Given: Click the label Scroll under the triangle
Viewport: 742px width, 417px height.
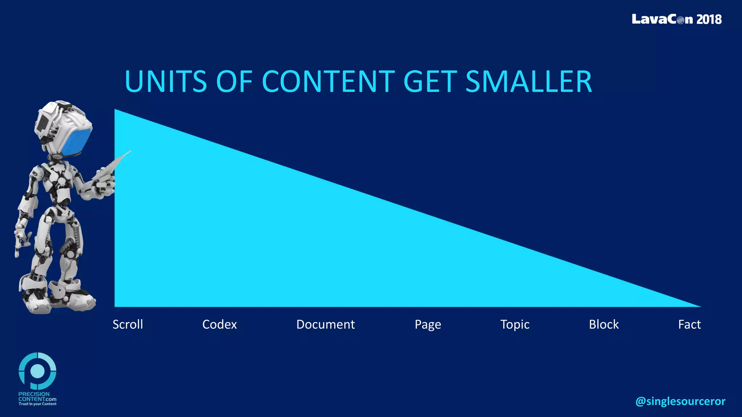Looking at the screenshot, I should (x=128, y=324).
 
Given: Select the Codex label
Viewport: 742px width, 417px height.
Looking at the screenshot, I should (x=219, y=324).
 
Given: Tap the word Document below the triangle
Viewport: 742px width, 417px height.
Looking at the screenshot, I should (x=325, y=324).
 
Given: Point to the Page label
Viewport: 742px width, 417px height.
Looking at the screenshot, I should (x=428, y=325).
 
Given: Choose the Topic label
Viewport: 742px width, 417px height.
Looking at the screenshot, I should (x=515, y=325).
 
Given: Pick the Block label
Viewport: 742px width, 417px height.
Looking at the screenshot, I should (x=604, y=324).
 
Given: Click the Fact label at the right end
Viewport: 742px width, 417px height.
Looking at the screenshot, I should (x=689, y=324).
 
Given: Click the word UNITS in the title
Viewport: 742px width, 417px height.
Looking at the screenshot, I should (x=166, y=81).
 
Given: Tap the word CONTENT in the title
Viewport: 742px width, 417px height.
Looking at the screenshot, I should (x=328, y=81).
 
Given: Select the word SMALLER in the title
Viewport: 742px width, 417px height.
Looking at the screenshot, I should (x=529, y=81).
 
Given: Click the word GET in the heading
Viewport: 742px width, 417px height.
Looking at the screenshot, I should (x=430, y=81).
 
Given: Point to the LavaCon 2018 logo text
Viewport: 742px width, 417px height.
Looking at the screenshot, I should (x=676, y=19).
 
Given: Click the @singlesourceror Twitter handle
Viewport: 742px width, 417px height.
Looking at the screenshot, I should (x=680, y=401).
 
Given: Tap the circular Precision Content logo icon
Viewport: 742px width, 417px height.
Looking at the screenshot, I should (x=37, y=371).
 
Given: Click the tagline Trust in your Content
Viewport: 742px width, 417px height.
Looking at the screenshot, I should (x=37, y=404).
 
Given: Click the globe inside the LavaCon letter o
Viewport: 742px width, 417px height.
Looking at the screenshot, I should (x=680, y=20).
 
